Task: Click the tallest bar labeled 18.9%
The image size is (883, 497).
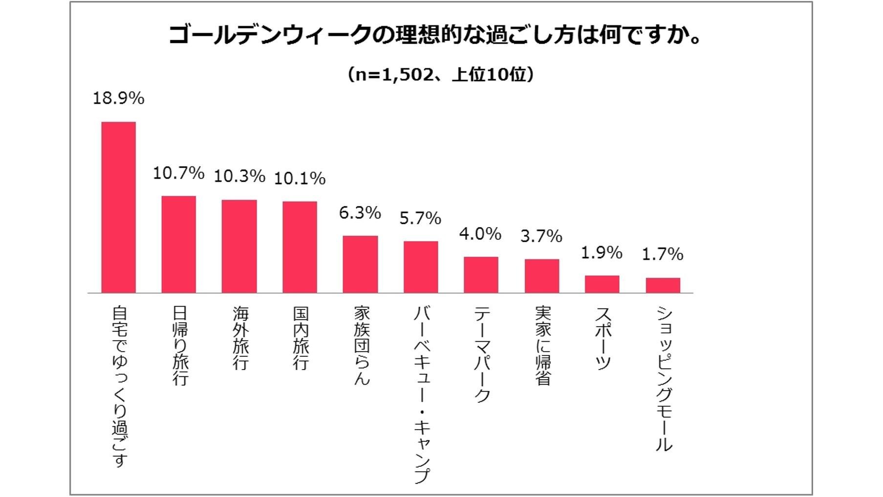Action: [118, 207]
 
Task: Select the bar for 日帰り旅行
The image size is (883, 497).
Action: [179, 244]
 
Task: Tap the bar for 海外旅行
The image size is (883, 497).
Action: [239, 246]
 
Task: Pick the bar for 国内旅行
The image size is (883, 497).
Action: [300, 247]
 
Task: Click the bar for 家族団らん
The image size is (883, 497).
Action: [360, 264]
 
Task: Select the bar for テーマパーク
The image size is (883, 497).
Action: [481, 274]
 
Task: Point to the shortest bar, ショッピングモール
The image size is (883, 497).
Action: [663, 285]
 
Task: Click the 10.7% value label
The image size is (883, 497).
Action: [178, 173]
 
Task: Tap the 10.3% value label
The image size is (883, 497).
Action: [239, 176]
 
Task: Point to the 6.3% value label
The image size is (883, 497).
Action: [360, 213]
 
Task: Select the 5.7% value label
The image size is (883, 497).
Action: [420, 218]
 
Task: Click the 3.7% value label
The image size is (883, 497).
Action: [541, 236]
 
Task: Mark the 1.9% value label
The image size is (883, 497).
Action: [602, 253]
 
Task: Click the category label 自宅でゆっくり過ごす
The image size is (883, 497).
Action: [119, 386]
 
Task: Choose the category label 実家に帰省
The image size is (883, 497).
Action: [542, 345]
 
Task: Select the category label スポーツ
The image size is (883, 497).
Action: [603, 338]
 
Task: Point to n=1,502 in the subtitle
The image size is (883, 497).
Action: [394, 75]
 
